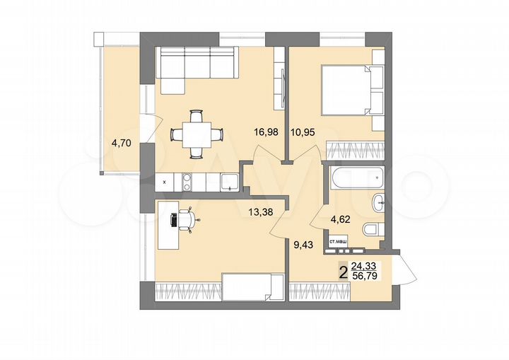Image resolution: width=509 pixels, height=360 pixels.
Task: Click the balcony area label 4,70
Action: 121,143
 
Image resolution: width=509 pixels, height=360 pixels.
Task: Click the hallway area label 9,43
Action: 305,247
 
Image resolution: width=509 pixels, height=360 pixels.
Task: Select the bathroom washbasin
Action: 379,202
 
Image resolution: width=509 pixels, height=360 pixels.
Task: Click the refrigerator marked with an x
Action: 165,182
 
